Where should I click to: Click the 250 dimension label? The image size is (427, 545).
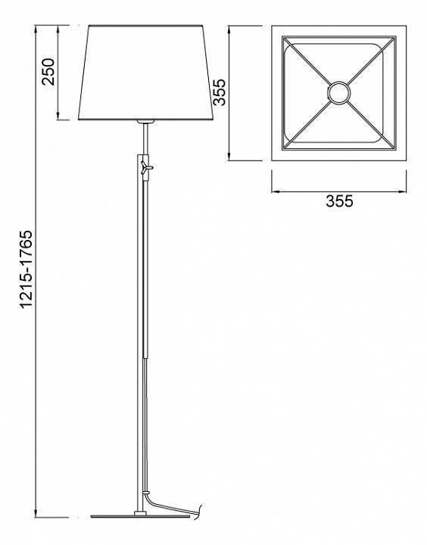(x=48, y=72)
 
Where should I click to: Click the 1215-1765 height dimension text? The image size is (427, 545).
(x=26, y=269)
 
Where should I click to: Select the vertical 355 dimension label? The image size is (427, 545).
(x=220, y=92)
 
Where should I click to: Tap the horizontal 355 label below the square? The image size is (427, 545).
(x=339, y=201)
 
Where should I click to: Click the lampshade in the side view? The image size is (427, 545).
(x=145, y=73)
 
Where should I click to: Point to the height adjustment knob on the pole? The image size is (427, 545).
(x=146, y=167)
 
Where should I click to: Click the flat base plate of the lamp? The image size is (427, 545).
(x=141, y=516)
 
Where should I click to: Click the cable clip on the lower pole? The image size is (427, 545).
(x=146, y=493)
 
